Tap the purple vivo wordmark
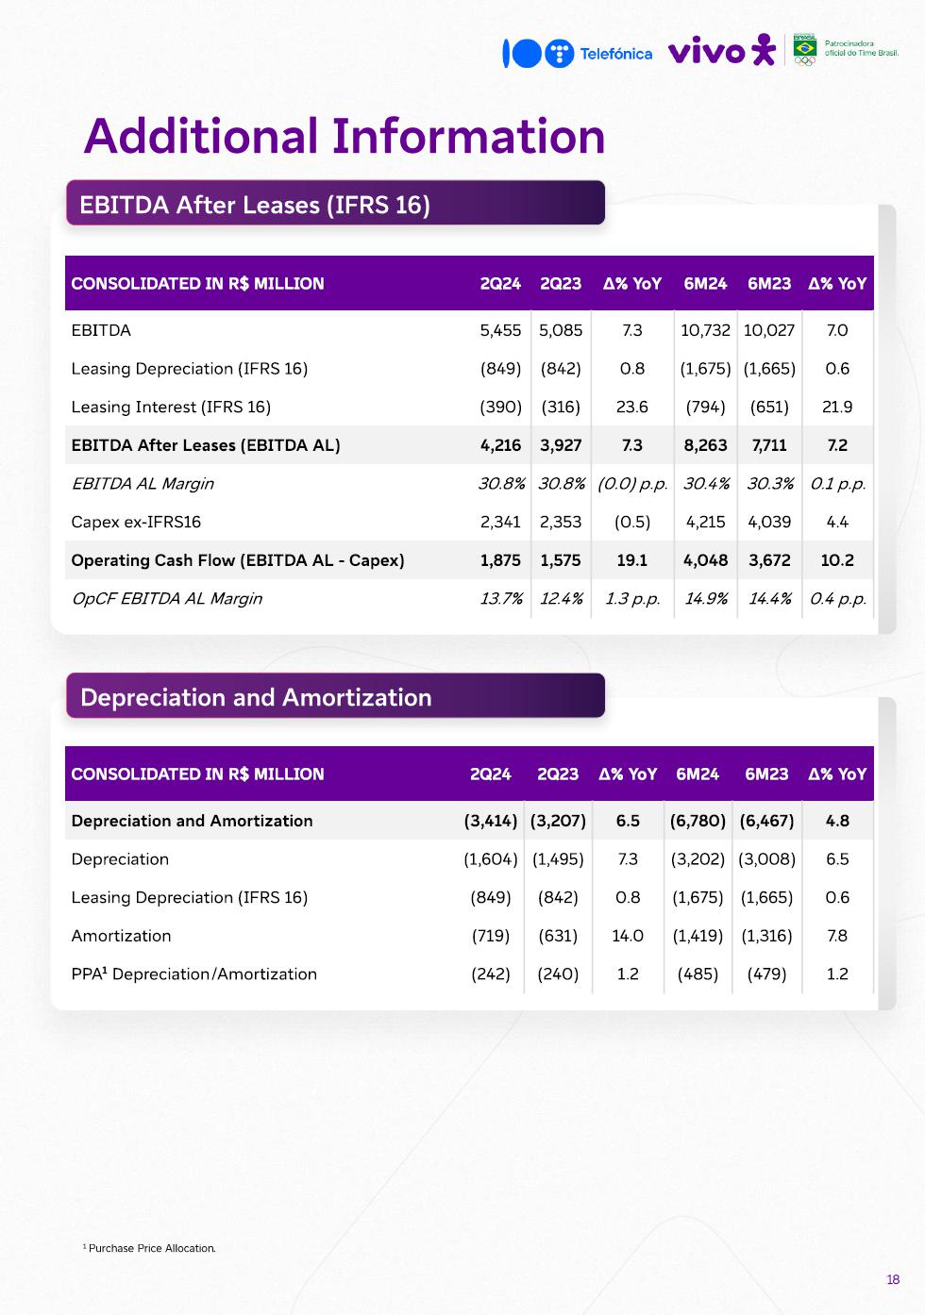pos(707,52)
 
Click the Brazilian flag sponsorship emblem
pos(804,48)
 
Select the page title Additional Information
pos(345,136)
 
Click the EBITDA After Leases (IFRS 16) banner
pos(335,204)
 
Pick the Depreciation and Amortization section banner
pos(335,696)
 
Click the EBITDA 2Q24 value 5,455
pos(500,330)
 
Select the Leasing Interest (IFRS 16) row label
pos(171,407)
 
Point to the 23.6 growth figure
pos(631,407)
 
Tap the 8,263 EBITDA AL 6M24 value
pos(705,445)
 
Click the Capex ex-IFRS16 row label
pos(136,522)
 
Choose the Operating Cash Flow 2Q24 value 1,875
pos(500,560)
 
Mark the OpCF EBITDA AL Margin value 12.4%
pos(561,599)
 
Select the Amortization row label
pos(121,936)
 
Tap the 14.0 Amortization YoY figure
pos(628,936)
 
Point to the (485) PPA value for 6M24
pos(698,974)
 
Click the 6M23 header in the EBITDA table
pos(769,283)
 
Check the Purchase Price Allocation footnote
pos(151,1248)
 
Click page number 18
pos(893,1280)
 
